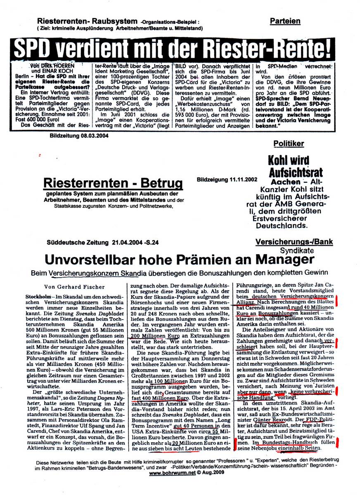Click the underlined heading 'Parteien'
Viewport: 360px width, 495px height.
click(x=285, y=21)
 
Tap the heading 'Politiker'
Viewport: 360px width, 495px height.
click(x=289, y=144)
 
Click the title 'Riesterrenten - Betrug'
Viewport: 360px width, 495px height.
click(x=113, y=182)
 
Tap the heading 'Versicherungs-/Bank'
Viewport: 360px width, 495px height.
click(x=294, y=243)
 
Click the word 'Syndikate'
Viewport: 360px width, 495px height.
click(x=295, y=250)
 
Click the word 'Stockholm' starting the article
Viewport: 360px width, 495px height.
click(x=50, y=297)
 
